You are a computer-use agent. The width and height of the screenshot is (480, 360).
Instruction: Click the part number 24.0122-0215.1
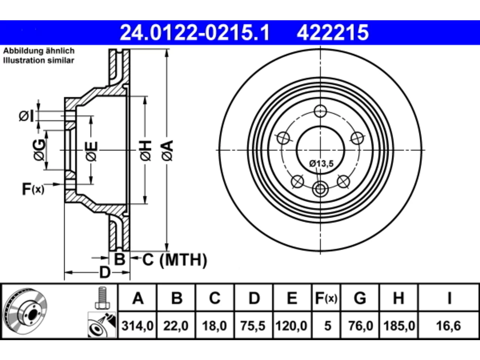click(195, 33)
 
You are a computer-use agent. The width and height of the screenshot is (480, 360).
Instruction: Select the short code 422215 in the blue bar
click(333, 33)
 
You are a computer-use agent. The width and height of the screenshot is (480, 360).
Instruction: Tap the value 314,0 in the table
click(137, 326)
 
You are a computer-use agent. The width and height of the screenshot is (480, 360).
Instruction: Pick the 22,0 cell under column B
click(176, 326)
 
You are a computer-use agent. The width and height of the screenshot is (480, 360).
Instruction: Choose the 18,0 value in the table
click(214, 326)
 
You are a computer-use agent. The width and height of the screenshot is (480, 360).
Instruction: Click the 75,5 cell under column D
click(253, 326)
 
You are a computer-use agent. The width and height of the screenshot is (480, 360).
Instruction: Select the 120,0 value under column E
click(291, 326)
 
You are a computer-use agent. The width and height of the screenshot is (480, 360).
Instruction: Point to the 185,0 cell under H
click(399, 326)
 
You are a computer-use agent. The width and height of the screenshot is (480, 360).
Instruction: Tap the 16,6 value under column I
click(448, 326)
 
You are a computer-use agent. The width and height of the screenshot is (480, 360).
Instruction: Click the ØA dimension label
click(168, 151)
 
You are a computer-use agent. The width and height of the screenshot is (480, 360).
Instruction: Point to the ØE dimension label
click(91, 151)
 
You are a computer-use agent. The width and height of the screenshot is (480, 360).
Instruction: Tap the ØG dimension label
click(40, 150)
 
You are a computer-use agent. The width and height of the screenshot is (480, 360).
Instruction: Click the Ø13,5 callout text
click(321, 163)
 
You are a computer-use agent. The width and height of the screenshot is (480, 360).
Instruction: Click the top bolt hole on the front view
click(320, 111)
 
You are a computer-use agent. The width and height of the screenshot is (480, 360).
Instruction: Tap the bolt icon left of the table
click(102, 298)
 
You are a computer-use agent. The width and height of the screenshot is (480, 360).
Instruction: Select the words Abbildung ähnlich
click(39, 51)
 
